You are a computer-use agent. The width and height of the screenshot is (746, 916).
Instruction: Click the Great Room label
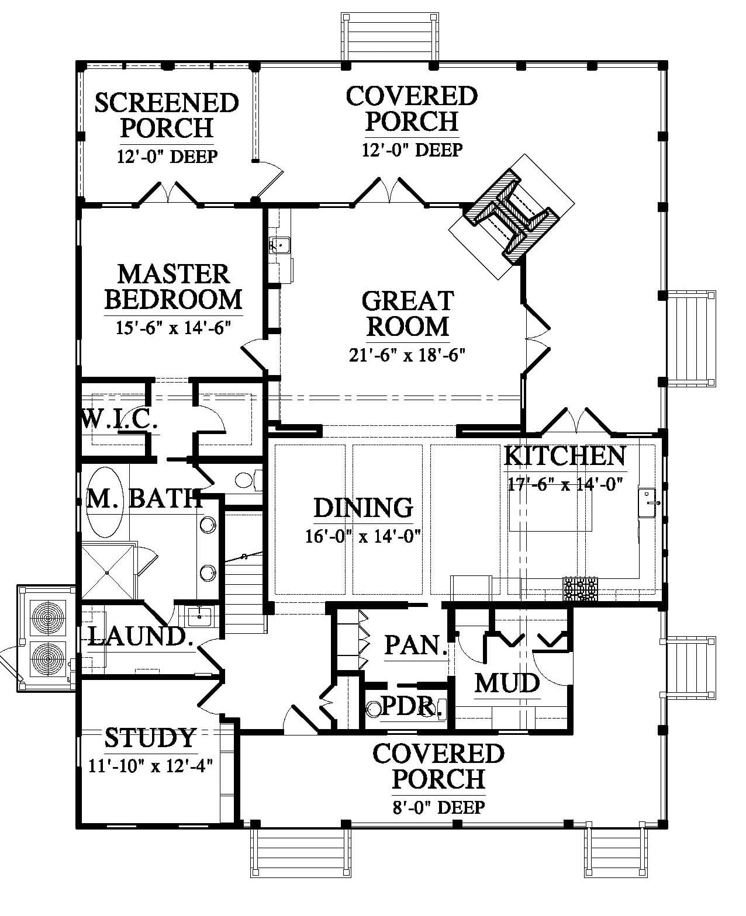pos(408,314)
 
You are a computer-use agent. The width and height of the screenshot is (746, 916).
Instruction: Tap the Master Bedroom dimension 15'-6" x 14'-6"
pos(174,328)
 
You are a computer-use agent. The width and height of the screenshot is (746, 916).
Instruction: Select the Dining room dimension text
pos(363,536)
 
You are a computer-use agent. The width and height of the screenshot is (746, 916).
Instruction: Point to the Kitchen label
pos(564,456)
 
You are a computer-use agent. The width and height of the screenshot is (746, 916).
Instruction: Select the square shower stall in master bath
pos(108,572)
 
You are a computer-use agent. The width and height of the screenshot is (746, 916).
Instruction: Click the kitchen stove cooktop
pos(581,589)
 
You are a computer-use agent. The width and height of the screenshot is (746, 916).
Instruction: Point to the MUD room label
pos(507,683)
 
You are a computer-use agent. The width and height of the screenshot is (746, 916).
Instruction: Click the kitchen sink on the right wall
pos(648,502)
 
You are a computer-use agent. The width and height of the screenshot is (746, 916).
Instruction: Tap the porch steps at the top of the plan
pos(390,37)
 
